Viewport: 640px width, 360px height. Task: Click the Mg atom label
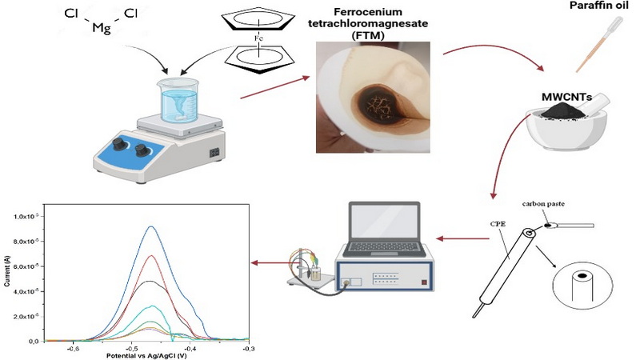click(x=101, y=28)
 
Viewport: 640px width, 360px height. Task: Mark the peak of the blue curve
click(x=150, y=227)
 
